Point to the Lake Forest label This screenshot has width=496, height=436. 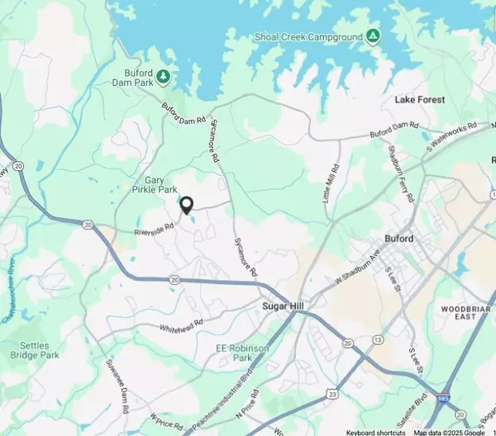pos(419,100)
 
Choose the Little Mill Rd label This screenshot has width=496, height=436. pos(332,184)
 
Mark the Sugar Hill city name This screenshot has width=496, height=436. pos(284,306)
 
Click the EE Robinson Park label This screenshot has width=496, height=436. pos(243,353)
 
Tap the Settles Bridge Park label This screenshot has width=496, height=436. pos(34,350)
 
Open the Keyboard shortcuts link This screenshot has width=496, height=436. pos(375,432)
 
